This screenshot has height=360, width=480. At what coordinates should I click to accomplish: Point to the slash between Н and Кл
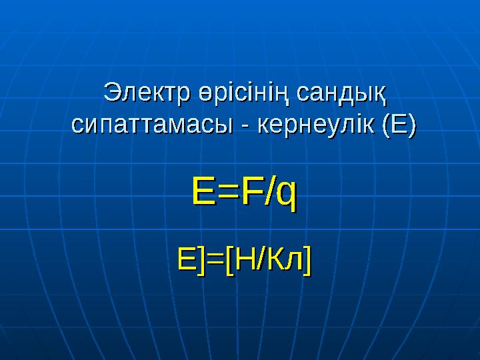(x=261, y=260)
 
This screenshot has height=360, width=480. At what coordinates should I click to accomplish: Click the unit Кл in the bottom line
(x=283, y=260)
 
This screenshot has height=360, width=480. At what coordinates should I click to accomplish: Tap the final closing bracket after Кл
(x=305, y=261)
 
